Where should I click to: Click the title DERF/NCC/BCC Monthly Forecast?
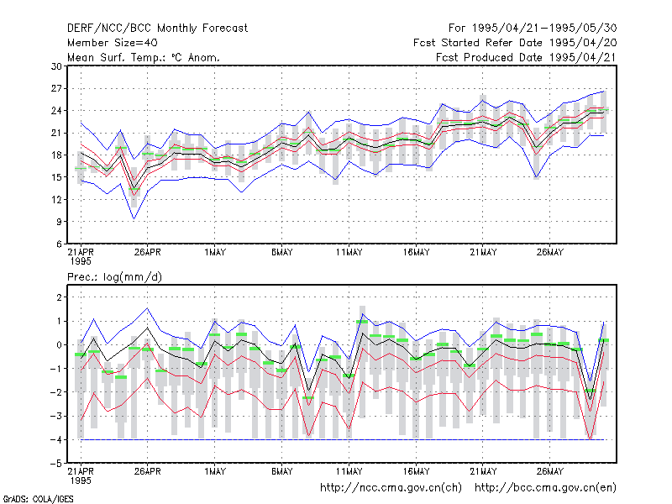157,29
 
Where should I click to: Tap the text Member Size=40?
113,43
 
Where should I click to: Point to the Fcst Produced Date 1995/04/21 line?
527,57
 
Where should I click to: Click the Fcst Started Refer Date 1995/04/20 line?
515,43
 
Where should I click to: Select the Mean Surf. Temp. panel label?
143,57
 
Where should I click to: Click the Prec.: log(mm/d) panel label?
114,277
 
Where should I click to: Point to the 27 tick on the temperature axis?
56,89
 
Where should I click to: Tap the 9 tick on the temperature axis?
59,222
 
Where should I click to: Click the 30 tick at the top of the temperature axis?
56,66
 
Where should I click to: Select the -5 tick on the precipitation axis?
55,464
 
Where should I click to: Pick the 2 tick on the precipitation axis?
59,297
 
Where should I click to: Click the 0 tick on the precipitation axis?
59,344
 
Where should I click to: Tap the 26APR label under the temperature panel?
148,253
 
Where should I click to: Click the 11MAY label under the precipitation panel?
349,471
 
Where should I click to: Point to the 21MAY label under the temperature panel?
483,253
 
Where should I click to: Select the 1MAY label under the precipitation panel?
215,471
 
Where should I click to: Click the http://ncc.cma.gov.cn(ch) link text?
391,488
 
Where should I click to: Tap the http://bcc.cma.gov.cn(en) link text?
545,488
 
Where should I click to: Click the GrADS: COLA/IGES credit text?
38,499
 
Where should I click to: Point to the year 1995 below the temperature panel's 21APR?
81,261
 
